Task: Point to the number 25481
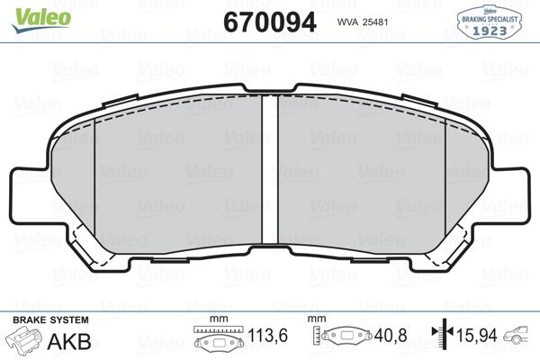(x=382, y=22)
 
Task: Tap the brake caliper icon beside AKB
(x=25, y=341)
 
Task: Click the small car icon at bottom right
(x=519, y=338)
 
